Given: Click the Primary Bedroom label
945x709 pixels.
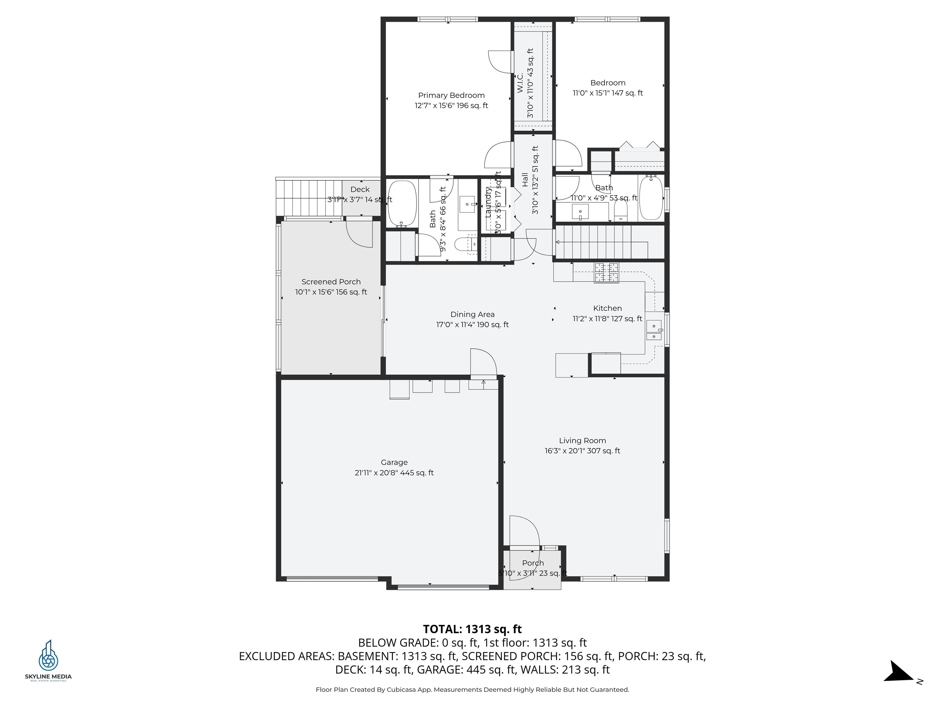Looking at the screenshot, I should tap(451, 95).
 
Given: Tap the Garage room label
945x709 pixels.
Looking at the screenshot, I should tap(394, 463).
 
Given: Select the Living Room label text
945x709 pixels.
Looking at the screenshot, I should tap(582, 441).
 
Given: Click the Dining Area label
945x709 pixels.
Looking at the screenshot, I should tap(472, 314).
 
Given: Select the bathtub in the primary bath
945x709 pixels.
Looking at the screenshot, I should tap(401, 203).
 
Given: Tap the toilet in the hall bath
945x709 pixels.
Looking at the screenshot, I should tap(620, 210).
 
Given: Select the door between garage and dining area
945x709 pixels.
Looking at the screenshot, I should tap(484, 363).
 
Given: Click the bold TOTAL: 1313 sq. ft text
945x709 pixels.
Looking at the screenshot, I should tap(472, 629).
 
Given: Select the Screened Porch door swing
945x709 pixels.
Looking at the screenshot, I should tap(359, 233).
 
